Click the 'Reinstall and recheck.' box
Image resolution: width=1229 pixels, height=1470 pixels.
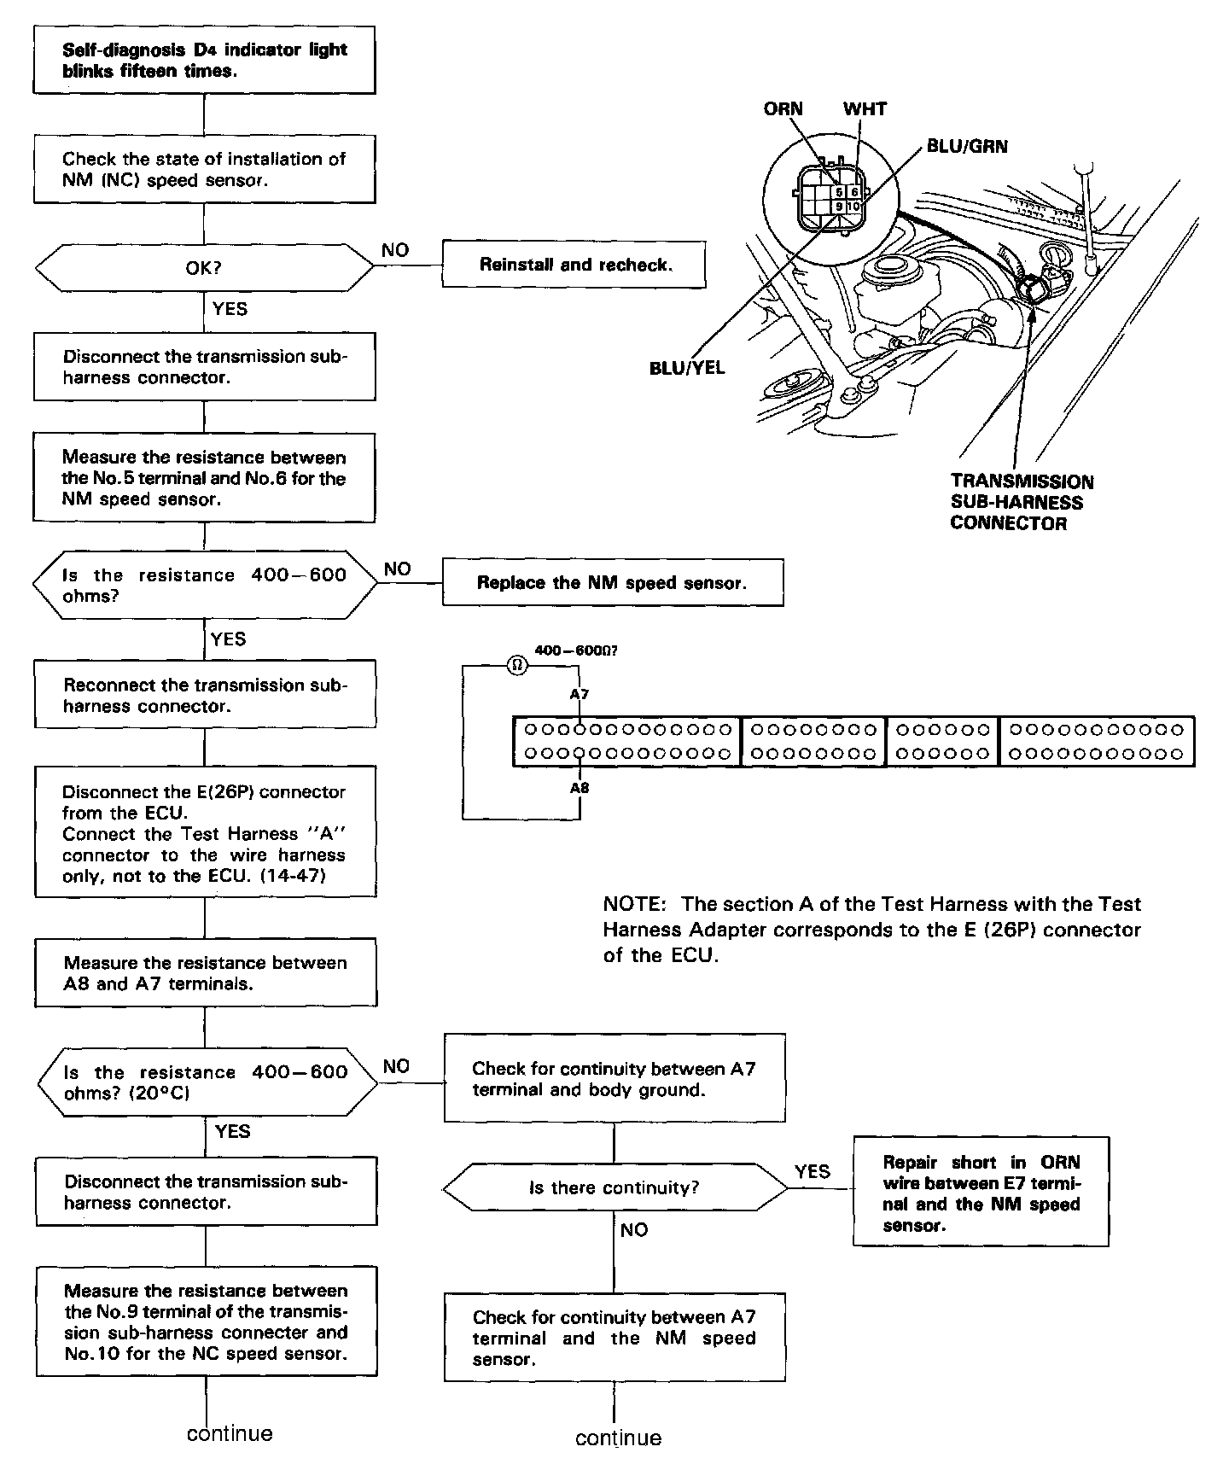coord(574,265)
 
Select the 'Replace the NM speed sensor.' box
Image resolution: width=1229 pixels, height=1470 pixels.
coord(612,583)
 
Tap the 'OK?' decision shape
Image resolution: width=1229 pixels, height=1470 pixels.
coord(204,268)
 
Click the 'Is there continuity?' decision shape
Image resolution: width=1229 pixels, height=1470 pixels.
coord(614,1187)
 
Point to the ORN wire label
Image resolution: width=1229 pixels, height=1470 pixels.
coord(783,109)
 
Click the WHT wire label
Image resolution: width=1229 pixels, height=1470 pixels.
coord(865,109)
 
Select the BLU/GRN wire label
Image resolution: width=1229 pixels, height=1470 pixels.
coord(967,147)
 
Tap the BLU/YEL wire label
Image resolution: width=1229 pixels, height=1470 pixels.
coord(687,368)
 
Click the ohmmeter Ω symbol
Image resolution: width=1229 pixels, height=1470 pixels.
coord(517,665)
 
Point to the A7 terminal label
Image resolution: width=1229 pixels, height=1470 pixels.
coord(580,694)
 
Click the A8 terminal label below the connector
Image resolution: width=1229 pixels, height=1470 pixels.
coord(580,788)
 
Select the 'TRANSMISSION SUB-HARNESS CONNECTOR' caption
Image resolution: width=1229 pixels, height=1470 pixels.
coord(1022,502)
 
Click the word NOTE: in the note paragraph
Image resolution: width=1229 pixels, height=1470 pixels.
coord(633,904)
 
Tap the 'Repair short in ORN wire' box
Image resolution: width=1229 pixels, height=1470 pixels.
coord(981,1193)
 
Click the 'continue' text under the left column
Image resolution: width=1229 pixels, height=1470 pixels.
coord(230,1433)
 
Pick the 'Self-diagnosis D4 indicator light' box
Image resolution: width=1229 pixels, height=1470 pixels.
coord(204,60)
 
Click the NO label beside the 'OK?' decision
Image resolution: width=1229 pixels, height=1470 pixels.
coord(395,250)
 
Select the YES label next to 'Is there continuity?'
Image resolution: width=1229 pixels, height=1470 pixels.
coord(812,1171)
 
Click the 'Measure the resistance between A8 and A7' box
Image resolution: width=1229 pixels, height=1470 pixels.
coord(205,973)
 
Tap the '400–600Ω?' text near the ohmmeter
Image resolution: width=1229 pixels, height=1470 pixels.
coord(575,650)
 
